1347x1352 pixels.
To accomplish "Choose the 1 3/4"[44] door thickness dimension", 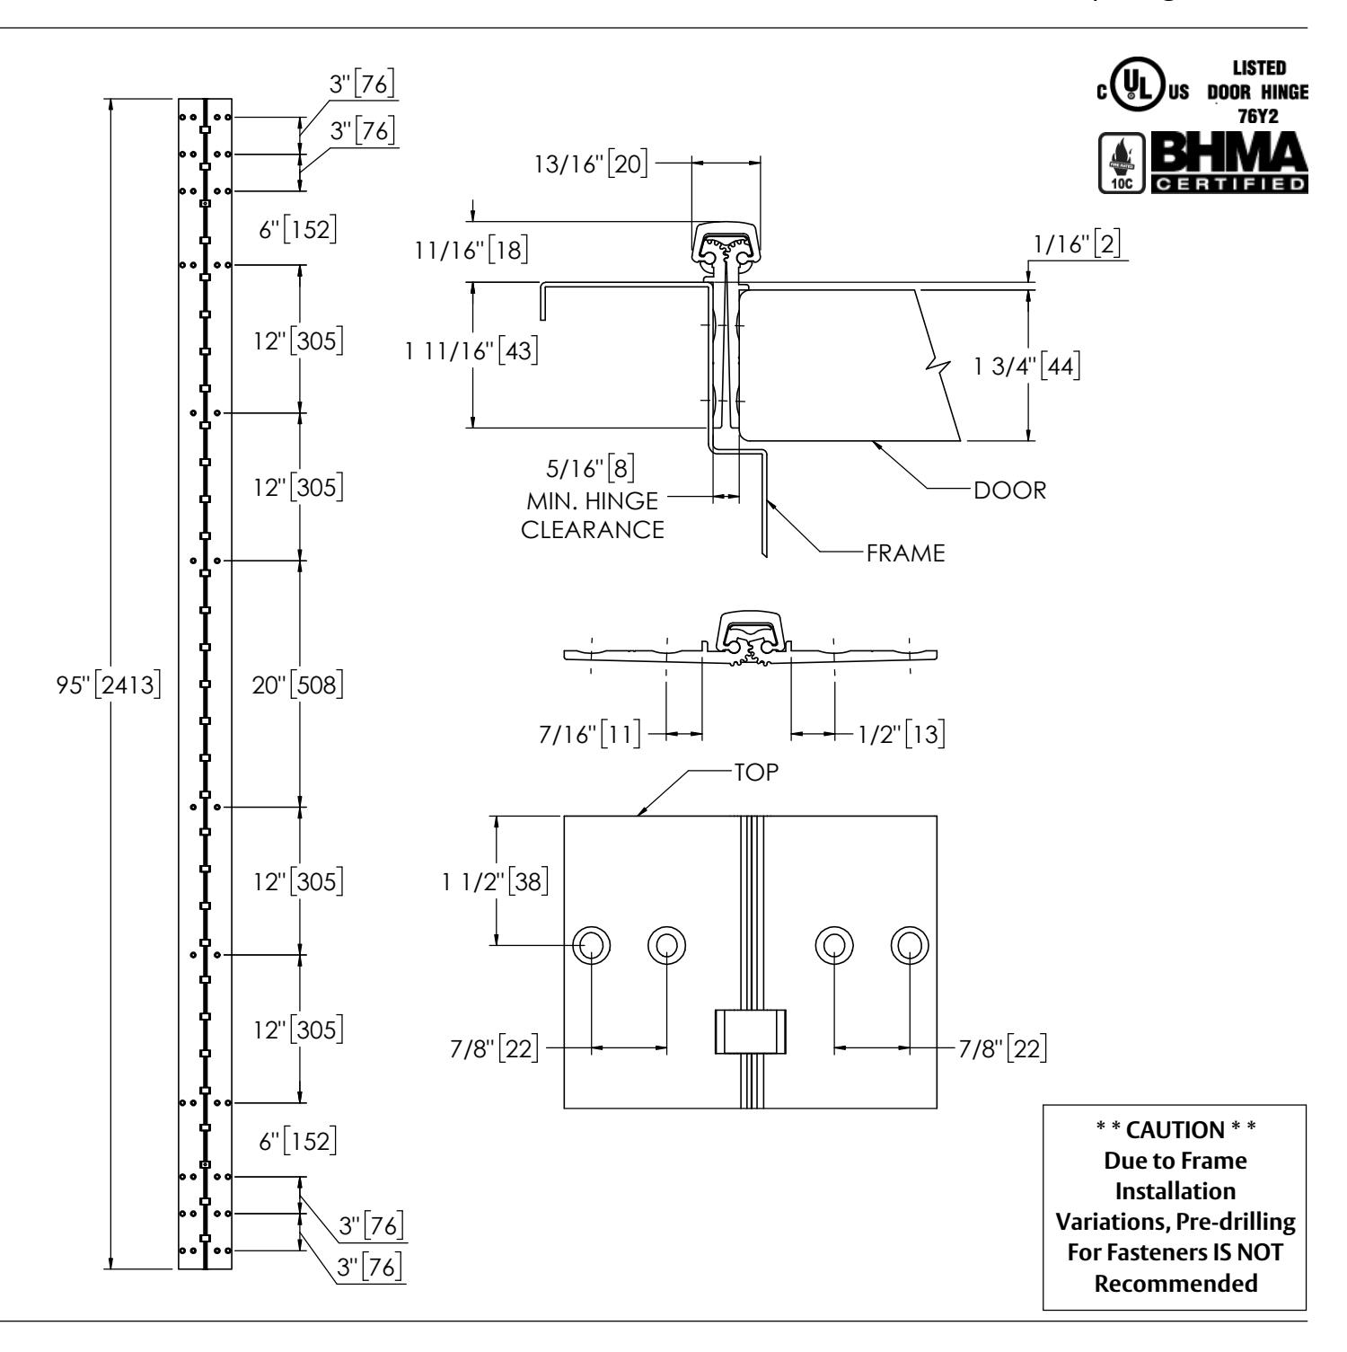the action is (1027, 368).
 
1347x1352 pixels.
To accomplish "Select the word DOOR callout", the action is (1012, 490).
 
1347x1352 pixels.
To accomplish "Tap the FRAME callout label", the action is (906, 553).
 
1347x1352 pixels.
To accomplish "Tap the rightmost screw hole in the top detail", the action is (910, 944).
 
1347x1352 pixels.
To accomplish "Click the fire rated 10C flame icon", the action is (1119, 163).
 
